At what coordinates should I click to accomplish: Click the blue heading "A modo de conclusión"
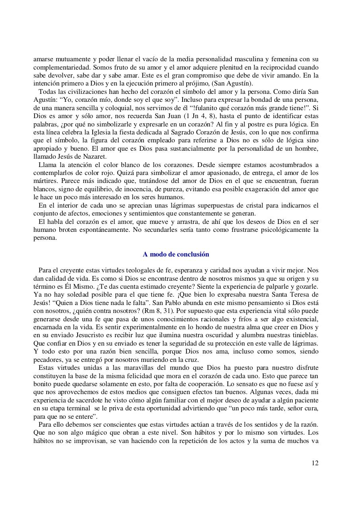coord(176,254)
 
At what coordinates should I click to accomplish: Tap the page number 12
coord(315,463)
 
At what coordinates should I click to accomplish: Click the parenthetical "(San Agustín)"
coord(234,83)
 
